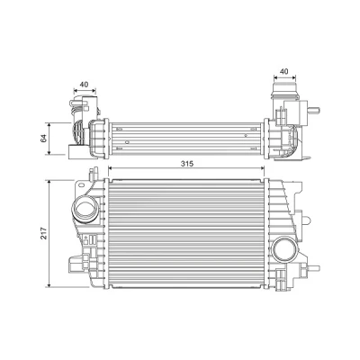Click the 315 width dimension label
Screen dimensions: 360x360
(x=187, y=164)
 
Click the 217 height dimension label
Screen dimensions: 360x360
(x=44, y=233)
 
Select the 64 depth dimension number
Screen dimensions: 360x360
(x=44, y=139)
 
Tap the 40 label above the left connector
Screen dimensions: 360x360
(x=85, y=85)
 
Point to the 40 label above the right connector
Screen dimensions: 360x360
(x=284, y=71)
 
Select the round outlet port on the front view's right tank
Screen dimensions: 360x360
(x=285, y=248)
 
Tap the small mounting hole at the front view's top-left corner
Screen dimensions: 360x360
(x=81, y=185)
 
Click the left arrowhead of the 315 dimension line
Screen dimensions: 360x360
(x=110, y=168)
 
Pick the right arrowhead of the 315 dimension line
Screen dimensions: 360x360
(x=262, y=168)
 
